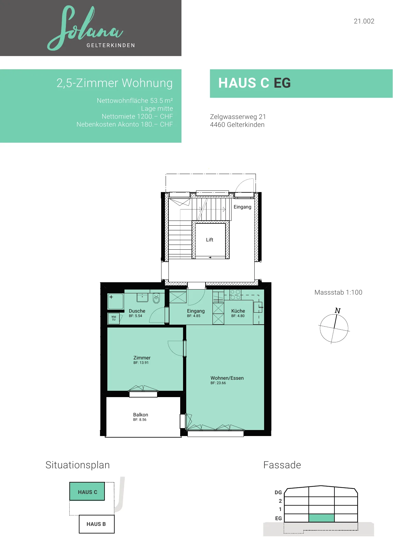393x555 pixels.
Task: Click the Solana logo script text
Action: [85, 28]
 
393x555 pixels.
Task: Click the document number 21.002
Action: [364, 21]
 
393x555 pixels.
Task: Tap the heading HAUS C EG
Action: [254, 83]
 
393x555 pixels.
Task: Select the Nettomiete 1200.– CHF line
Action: [137, 116]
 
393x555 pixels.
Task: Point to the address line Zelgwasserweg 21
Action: [238, 117]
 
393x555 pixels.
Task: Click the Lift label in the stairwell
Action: [210, 240]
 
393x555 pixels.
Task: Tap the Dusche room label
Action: [137, 311]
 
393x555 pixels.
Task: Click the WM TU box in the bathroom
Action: [114, 318]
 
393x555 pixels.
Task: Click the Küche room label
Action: [238, 311]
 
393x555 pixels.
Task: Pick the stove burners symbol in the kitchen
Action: [235, 295]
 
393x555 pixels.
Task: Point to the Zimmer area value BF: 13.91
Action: [141, 363]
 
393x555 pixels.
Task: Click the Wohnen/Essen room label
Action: [227, 378]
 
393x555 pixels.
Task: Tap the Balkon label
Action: [140, 415]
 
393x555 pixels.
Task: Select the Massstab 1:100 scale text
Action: [338, 292]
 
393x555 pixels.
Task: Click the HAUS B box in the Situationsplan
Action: [97, 524]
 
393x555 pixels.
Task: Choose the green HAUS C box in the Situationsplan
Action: [87, 491]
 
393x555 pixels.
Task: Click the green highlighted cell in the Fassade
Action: [321, 518]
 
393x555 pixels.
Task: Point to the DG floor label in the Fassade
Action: [278, 493]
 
